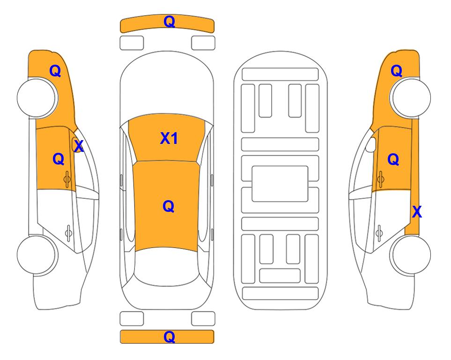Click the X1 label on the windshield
coord(169,138)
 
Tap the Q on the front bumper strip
coord(169,22)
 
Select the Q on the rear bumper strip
coord(169,337)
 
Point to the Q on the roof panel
coord(168,206)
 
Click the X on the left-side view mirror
coord(78,146)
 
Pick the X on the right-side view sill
coord(417,212)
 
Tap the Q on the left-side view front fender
coord(55,71)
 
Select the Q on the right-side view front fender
coord(396,71)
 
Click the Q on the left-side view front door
coord(59,159)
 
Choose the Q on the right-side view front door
coord(393,159)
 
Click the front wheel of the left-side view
coord(37,97)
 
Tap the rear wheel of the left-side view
coord(37,255)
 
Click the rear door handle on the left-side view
coord(68,232)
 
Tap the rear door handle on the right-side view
coord(379,232)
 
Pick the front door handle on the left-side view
coord(67,179)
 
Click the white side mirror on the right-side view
coord(371,144)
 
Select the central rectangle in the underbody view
coord(280,184)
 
